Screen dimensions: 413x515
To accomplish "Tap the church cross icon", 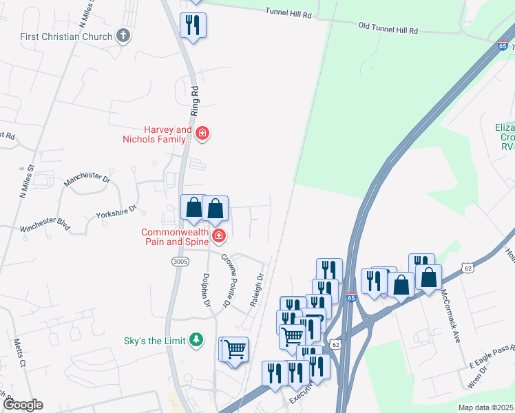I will pos(123,35).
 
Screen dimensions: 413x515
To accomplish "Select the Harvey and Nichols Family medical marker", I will pos(202,133).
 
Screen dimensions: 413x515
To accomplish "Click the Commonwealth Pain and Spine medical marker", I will pos(219,237).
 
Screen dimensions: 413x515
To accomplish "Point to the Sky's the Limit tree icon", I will pos(197,340).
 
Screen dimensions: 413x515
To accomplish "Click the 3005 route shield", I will pos(179,261).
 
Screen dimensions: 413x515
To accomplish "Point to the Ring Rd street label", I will pos(194,100).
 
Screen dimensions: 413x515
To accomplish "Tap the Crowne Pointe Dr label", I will pos(227,280).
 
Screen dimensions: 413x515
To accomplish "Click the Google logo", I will pos(23,405).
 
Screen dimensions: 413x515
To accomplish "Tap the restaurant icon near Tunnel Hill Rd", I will pos(193,25).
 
